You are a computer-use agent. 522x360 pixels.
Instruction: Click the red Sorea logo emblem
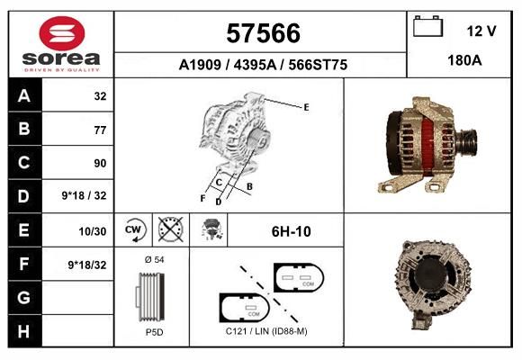pyautogui.click(x=62, y=33)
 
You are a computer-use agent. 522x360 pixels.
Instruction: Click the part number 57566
pyautogui.click(x=263, y=33)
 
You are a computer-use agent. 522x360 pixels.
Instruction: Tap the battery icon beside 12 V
pyautogui.click(x=427, y=26)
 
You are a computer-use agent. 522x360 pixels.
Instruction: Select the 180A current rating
pyautogui.click(x=464, y=60)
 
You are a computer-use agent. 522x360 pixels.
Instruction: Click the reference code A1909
pyautogui.click(x=200, y=65)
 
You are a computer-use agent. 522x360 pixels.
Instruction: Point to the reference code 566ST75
pyautogui.click(x=318, y=65)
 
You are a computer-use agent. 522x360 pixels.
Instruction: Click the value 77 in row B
pyautogui.click(x=100, y=130)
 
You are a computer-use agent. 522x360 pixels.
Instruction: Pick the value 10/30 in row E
pyautogui.click(x=92, y=231)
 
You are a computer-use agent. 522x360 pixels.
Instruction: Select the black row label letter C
pyautogui.click(x=24, y=163)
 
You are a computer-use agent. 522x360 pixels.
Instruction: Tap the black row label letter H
pyautogui.click(x=24, y=331)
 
